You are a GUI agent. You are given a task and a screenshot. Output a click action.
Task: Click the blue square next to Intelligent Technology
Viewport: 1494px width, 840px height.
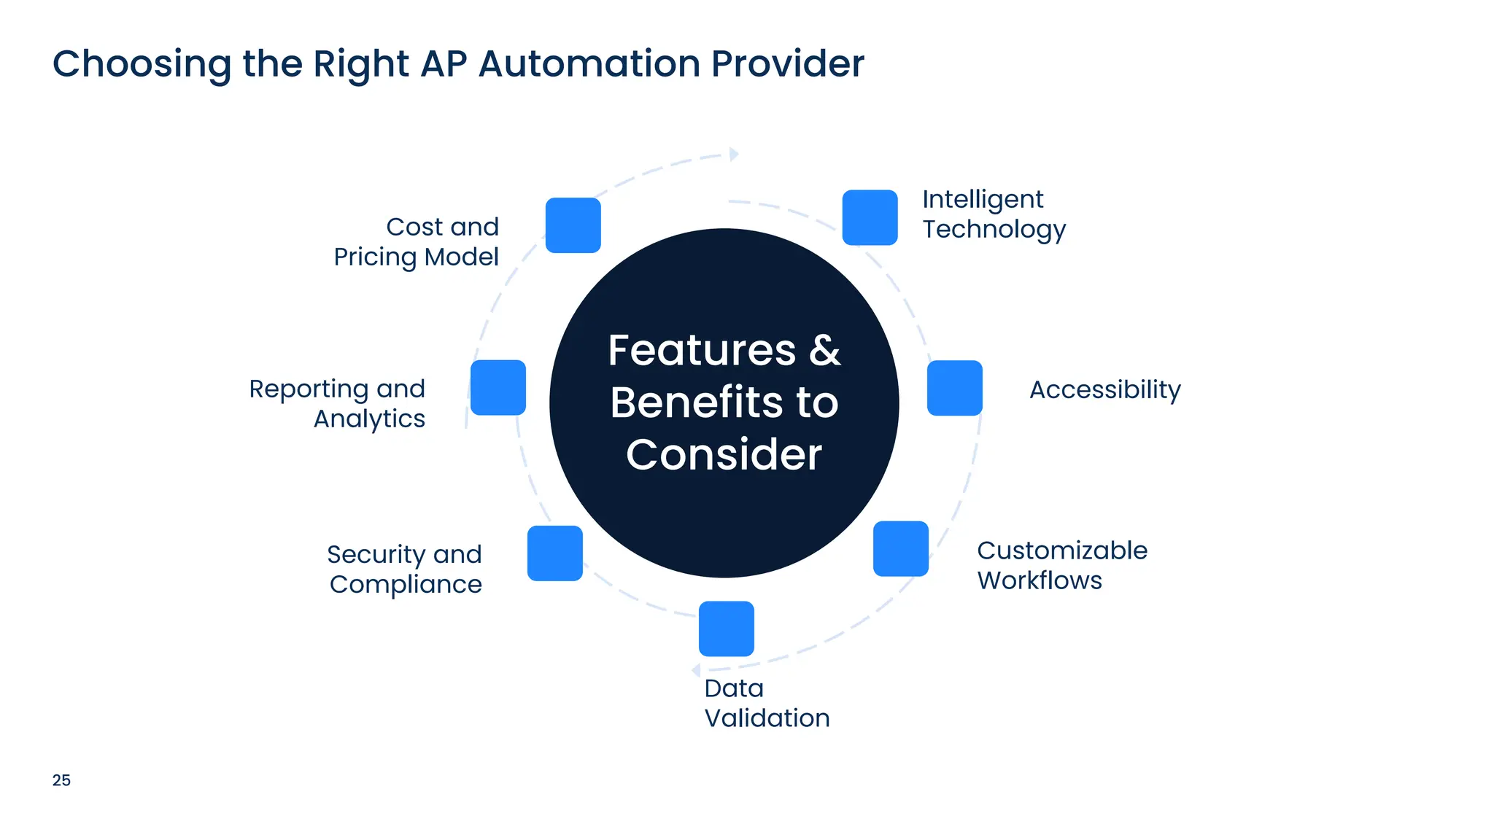click(x=870, y=217)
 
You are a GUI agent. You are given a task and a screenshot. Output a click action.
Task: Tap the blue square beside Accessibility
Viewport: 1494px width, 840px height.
click(x=954, y=388)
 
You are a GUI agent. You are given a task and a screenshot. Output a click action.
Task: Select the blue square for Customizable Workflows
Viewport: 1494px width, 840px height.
click(x=900, y=548)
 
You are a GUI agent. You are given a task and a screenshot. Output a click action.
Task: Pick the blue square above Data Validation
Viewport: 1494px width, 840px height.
click(x=726, y=629)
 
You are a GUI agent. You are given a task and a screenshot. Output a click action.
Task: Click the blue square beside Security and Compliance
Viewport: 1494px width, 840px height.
click(x=554, y=553)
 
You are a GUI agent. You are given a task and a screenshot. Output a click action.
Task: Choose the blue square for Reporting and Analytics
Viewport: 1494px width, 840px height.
click(x=498, y=387)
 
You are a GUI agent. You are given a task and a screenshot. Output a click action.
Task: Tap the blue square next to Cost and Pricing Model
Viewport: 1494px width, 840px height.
click(x=573, y=225)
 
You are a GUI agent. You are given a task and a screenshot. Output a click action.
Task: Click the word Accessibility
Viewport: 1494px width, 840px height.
click(x=1104, y=390)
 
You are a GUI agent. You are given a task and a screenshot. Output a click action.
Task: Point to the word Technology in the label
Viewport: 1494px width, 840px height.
click(x=994, y=230)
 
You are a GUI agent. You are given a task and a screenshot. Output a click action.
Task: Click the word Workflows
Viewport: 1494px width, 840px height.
click(x=1040, y=580)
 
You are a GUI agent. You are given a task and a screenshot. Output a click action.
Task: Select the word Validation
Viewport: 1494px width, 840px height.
click(x=767, y=718)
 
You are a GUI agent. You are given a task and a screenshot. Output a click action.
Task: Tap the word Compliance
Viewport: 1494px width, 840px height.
click(x=406, y=585)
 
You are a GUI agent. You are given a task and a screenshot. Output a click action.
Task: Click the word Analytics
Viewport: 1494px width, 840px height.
click(x=369, y=419)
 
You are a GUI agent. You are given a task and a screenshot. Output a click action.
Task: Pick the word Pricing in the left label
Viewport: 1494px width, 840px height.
click(x=374, y=257)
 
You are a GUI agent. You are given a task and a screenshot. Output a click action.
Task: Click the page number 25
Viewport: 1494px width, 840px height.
click(x=61, y=780)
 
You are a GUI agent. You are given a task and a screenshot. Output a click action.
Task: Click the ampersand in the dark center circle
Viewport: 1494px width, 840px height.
click(x=824, y=351)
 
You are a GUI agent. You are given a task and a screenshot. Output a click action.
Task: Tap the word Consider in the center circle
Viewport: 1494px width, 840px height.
click(x=724, y=455)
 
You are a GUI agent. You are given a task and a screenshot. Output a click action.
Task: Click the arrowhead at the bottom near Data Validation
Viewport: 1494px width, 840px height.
click(x=696, y=670)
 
